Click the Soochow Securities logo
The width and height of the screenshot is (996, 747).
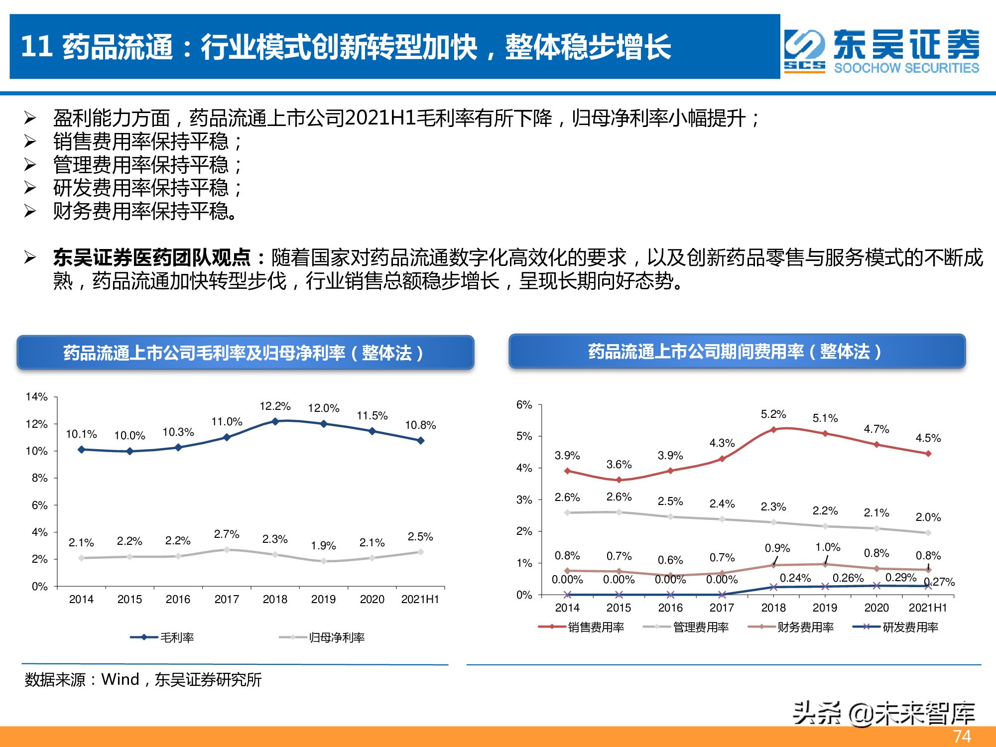[x=881, y=51]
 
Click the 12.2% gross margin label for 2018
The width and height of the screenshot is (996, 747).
[x=275, y=406]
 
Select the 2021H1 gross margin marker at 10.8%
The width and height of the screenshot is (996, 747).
[x=420, y=440]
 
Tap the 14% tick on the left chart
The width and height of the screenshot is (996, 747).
[x=36, y=397]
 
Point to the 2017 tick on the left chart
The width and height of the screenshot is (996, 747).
[x=227, y=599]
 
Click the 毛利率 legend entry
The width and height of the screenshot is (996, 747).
[x=163, y=637]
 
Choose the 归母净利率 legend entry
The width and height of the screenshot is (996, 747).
[x=323, y=637]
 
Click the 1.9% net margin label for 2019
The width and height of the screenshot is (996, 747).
[x=323, y=546]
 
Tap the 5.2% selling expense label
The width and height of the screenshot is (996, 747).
[x=773, y=414]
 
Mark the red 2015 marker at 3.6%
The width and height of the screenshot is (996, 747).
[x=619, y=480]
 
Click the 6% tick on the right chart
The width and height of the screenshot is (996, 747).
[x=524, y=405]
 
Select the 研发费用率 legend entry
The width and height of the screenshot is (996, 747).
[x=896, y=627]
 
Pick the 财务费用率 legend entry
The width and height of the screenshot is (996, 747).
[x=791, y=627]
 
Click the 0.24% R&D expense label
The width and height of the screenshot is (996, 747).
[x=795, y=578]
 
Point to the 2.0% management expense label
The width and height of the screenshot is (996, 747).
[x=928, y=517]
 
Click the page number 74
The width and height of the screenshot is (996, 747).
[x=962, y=737]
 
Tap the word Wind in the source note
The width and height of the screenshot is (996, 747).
[x=120, y=679]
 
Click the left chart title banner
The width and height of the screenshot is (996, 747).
[x=245, y=353]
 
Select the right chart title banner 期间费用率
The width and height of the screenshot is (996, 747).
[x=737, y=352]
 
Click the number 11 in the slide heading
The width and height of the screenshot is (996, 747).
[x=37, y=47]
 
